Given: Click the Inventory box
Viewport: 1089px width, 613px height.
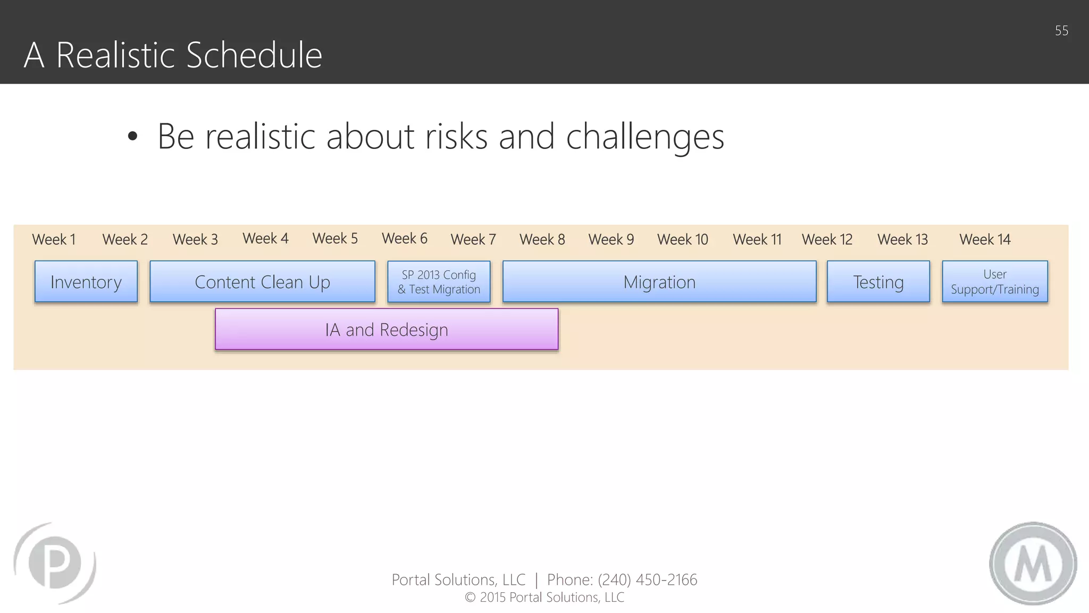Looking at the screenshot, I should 86,281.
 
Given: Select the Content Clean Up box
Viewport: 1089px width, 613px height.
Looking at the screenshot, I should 262,281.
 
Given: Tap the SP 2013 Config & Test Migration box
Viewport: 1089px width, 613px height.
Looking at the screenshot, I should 439,282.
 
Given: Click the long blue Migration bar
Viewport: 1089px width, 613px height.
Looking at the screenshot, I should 659,281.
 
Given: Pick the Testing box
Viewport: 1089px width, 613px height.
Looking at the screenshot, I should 878,281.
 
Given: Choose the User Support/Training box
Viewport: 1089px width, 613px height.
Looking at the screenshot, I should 994,281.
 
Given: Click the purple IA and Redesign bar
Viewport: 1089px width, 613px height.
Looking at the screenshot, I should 387,329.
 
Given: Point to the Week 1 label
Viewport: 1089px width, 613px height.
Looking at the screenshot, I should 54,239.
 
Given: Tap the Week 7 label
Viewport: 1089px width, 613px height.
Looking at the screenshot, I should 473,239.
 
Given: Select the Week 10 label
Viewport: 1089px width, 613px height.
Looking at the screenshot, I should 683,239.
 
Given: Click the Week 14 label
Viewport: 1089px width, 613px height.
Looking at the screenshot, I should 985,239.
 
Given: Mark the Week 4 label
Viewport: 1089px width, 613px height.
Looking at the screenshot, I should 265,238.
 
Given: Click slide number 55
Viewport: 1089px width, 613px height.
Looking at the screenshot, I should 1061,31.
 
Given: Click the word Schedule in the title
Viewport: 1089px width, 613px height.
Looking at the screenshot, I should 254,55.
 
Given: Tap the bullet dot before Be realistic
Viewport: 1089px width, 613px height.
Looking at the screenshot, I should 132,137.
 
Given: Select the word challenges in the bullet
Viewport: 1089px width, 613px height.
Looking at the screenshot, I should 645,137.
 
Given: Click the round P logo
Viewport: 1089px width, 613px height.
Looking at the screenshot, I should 55,563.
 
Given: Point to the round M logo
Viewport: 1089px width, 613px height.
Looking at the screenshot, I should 1033,564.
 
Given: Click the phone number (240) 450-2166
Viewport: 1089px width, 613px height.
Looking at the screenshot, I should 647,579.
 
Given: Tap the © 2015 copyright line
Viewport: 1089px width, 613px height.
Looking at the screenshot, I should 544,598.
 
